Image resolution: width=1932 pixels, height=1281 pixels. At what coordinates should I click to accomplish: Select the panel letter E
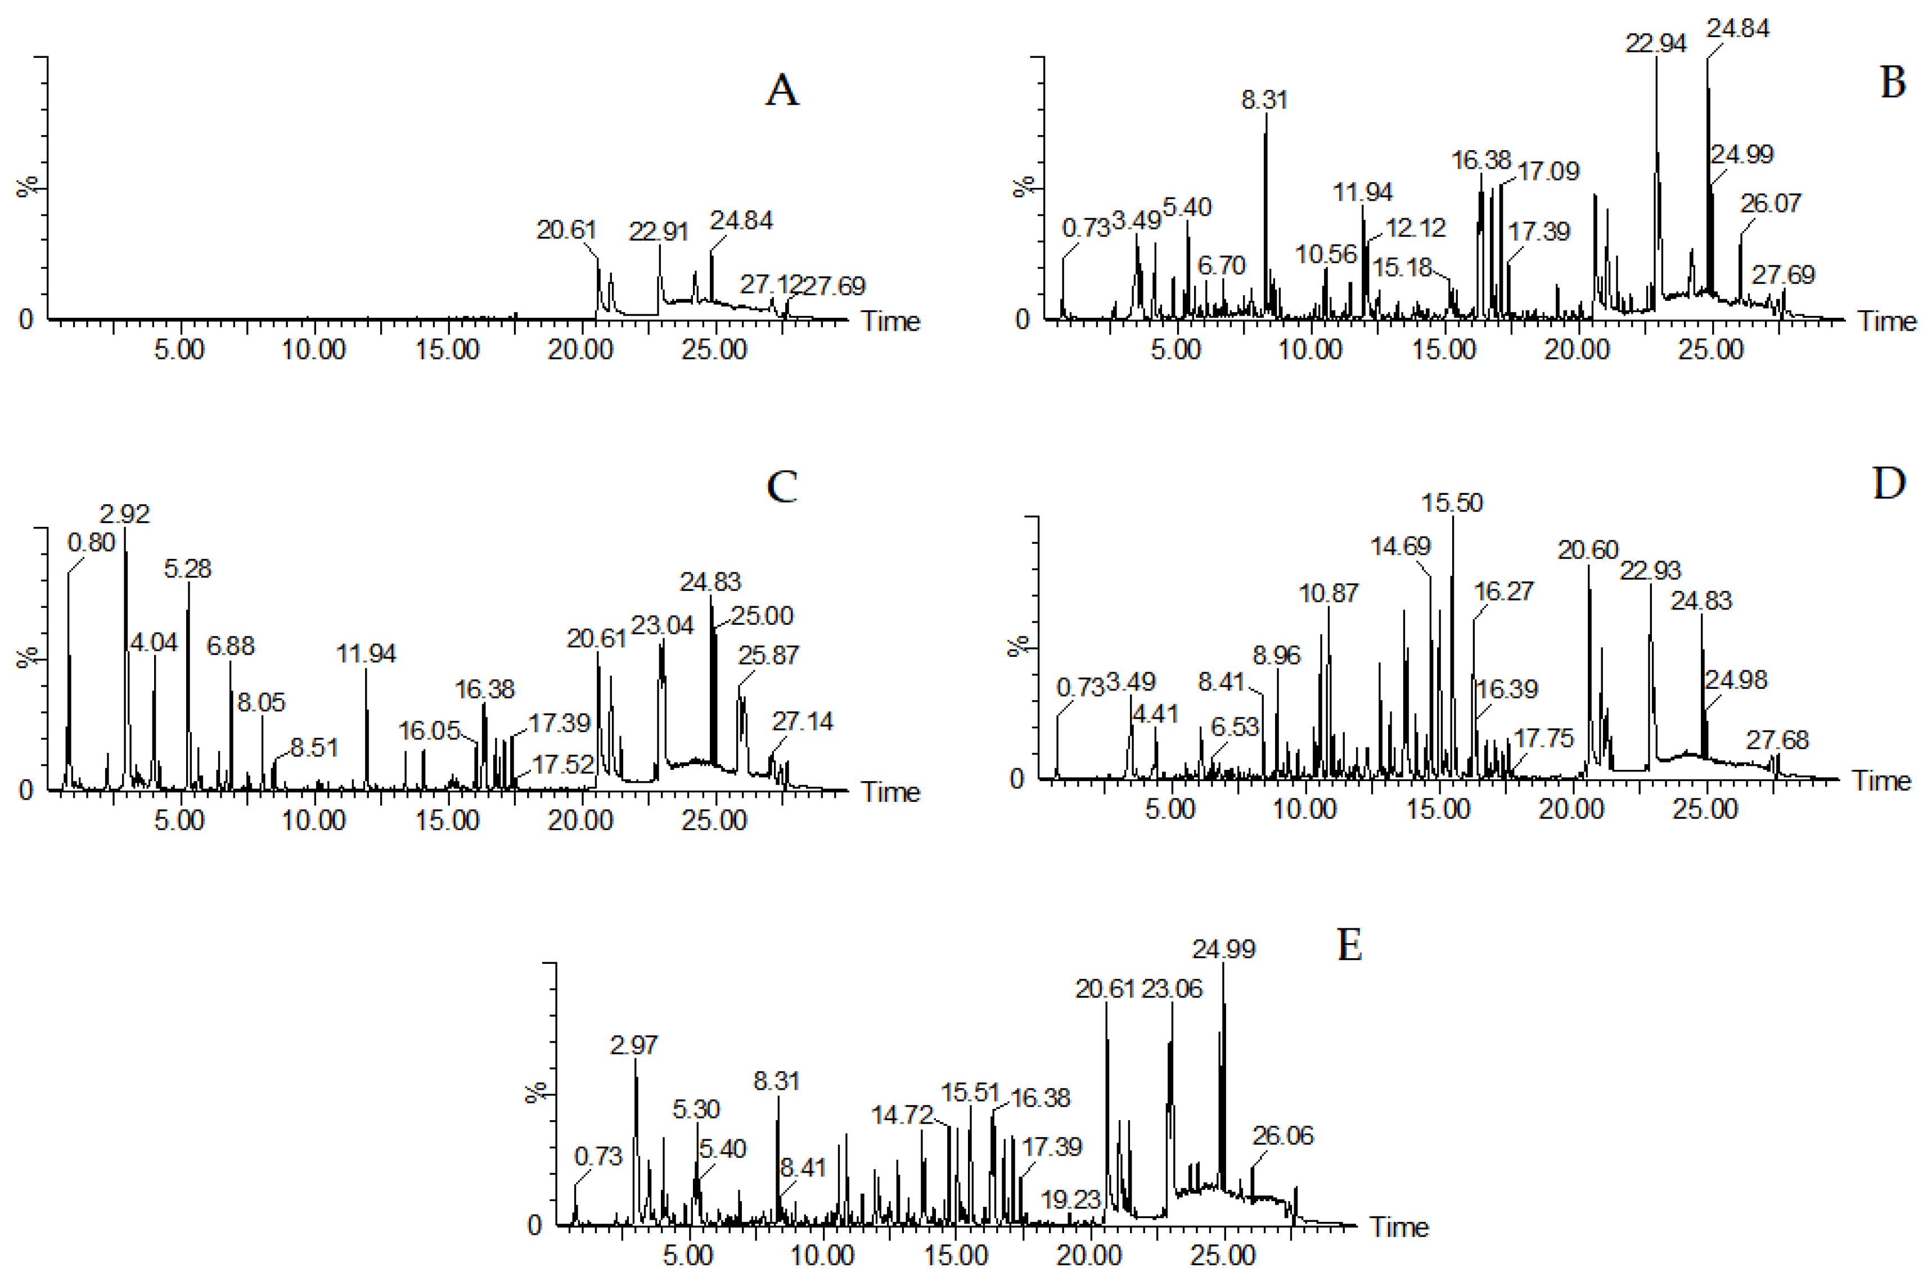pyautogui.click(x=1349, y=946)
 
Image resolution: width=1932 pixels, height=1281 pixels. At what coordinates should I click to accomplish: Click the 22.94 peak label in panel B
pyautogui.click(x=1655, y=43)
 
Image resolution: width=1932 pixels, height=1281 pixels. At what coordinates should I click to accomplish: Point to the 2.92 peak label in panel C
pyautogui.click(x=124, y=514)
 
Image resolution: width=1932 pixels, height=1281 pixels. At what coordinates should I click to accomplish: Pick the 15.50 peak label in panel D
pyautogui.click(x=1451, y=502)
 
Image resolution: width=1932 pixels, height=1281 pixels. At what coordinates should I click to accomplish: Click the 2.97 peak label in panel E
pyautogui.click(x=633, y=1045)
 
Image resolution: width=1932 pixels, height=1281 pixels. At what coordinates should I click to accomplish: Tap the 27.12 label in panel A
pyautogui.click(x=769, y=285)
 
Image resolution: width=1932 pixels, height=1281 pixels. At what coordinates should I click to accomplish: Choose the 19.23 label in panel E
pyautogui.click(x=1070, y=1199)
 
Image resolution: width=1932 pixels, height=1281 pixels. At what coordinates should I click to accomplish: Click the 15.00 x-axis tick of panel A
pyautogui.click(x=447, y=350)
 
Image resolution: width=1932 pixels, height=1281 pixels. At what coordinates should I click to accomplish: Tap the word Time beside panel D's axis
pyautogui.click(x=1881, y=780)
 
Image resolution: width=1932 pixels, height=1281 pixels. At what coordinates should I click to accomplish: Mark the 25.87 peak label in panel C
pyautogui.click(x=768, y=655)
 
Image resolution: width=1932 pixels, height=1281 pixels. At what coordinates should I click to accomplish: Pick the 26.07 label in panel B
pyautogui.click(x=1769, y=202)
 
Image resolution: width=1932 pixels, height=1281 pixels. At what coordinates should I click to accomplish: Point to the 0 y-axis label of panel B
pyautogui.click(x=1022, y=319)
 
